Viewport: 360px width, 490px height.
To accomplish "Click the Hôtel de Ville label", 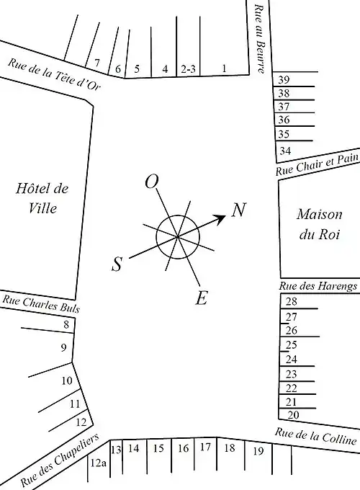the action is tap(42, 198).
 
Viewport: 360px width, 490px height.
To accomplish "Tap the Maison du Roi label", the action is tap(320, 224).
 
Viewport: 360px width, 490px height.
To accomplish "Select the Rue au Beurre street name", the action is tap(260, 39).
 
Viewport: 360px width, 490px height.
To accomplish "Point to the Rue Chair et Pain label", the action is tap(318, 164).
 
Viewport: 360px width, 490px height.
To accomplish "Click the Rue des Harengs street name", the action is tap(318, 286).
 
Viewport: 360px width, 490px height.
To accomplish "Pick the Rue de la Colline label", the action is tap(315, 436).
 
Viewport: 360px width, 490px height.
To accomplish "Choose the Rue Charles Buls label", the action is tap(41, 304).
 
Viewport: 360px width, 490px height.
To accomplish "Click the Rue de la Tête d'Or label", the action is tap(54, 74).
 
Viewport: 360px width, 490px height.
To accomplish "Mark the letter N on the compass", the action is tap(239, 210).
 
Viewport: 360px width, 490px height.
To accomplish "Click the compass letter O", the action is tap(152, 182).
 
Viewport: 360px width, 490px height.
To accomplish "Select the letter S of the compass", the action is tap(117, 264).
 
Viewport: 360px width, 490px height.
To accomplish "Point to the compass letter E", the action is tap(202, 298).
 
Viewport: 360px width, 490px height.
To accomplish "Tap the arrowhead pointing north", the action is tap(221, 219).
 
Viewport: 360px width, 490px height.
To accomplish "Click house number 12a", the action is tap(99, 463).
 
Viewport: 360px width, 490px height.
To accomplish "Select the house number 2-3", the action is tap(188, 69).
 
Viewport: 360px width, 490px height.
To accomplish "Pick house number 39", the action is tap(284, 80).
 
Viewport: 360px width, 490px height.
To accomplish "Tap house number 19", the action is tap(258, 451).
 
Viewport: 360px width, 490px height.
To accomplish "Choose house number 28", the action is tap(291, 301).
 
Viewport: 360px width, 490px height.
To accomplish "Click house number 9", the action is tap(63, 347).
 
